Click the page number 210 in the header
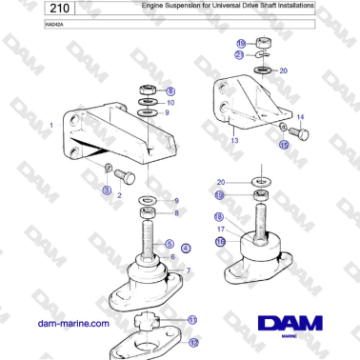(x=29, y=9)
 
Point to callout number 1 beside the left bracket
(x=50, y=125)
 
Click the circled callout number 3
(x=107, y=190)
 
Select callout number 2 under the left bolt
(x=119, y=194)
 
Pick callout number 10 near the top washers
(x=171, y=101)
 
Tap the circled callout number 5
(x=169, y=245)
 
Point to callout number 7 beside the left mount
(x=188, y=271)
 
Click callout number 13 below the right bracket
(x=234, y=140)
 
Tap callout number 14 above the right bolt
(x=301, y=117)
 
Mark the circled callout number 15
(x=283, y=146)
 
